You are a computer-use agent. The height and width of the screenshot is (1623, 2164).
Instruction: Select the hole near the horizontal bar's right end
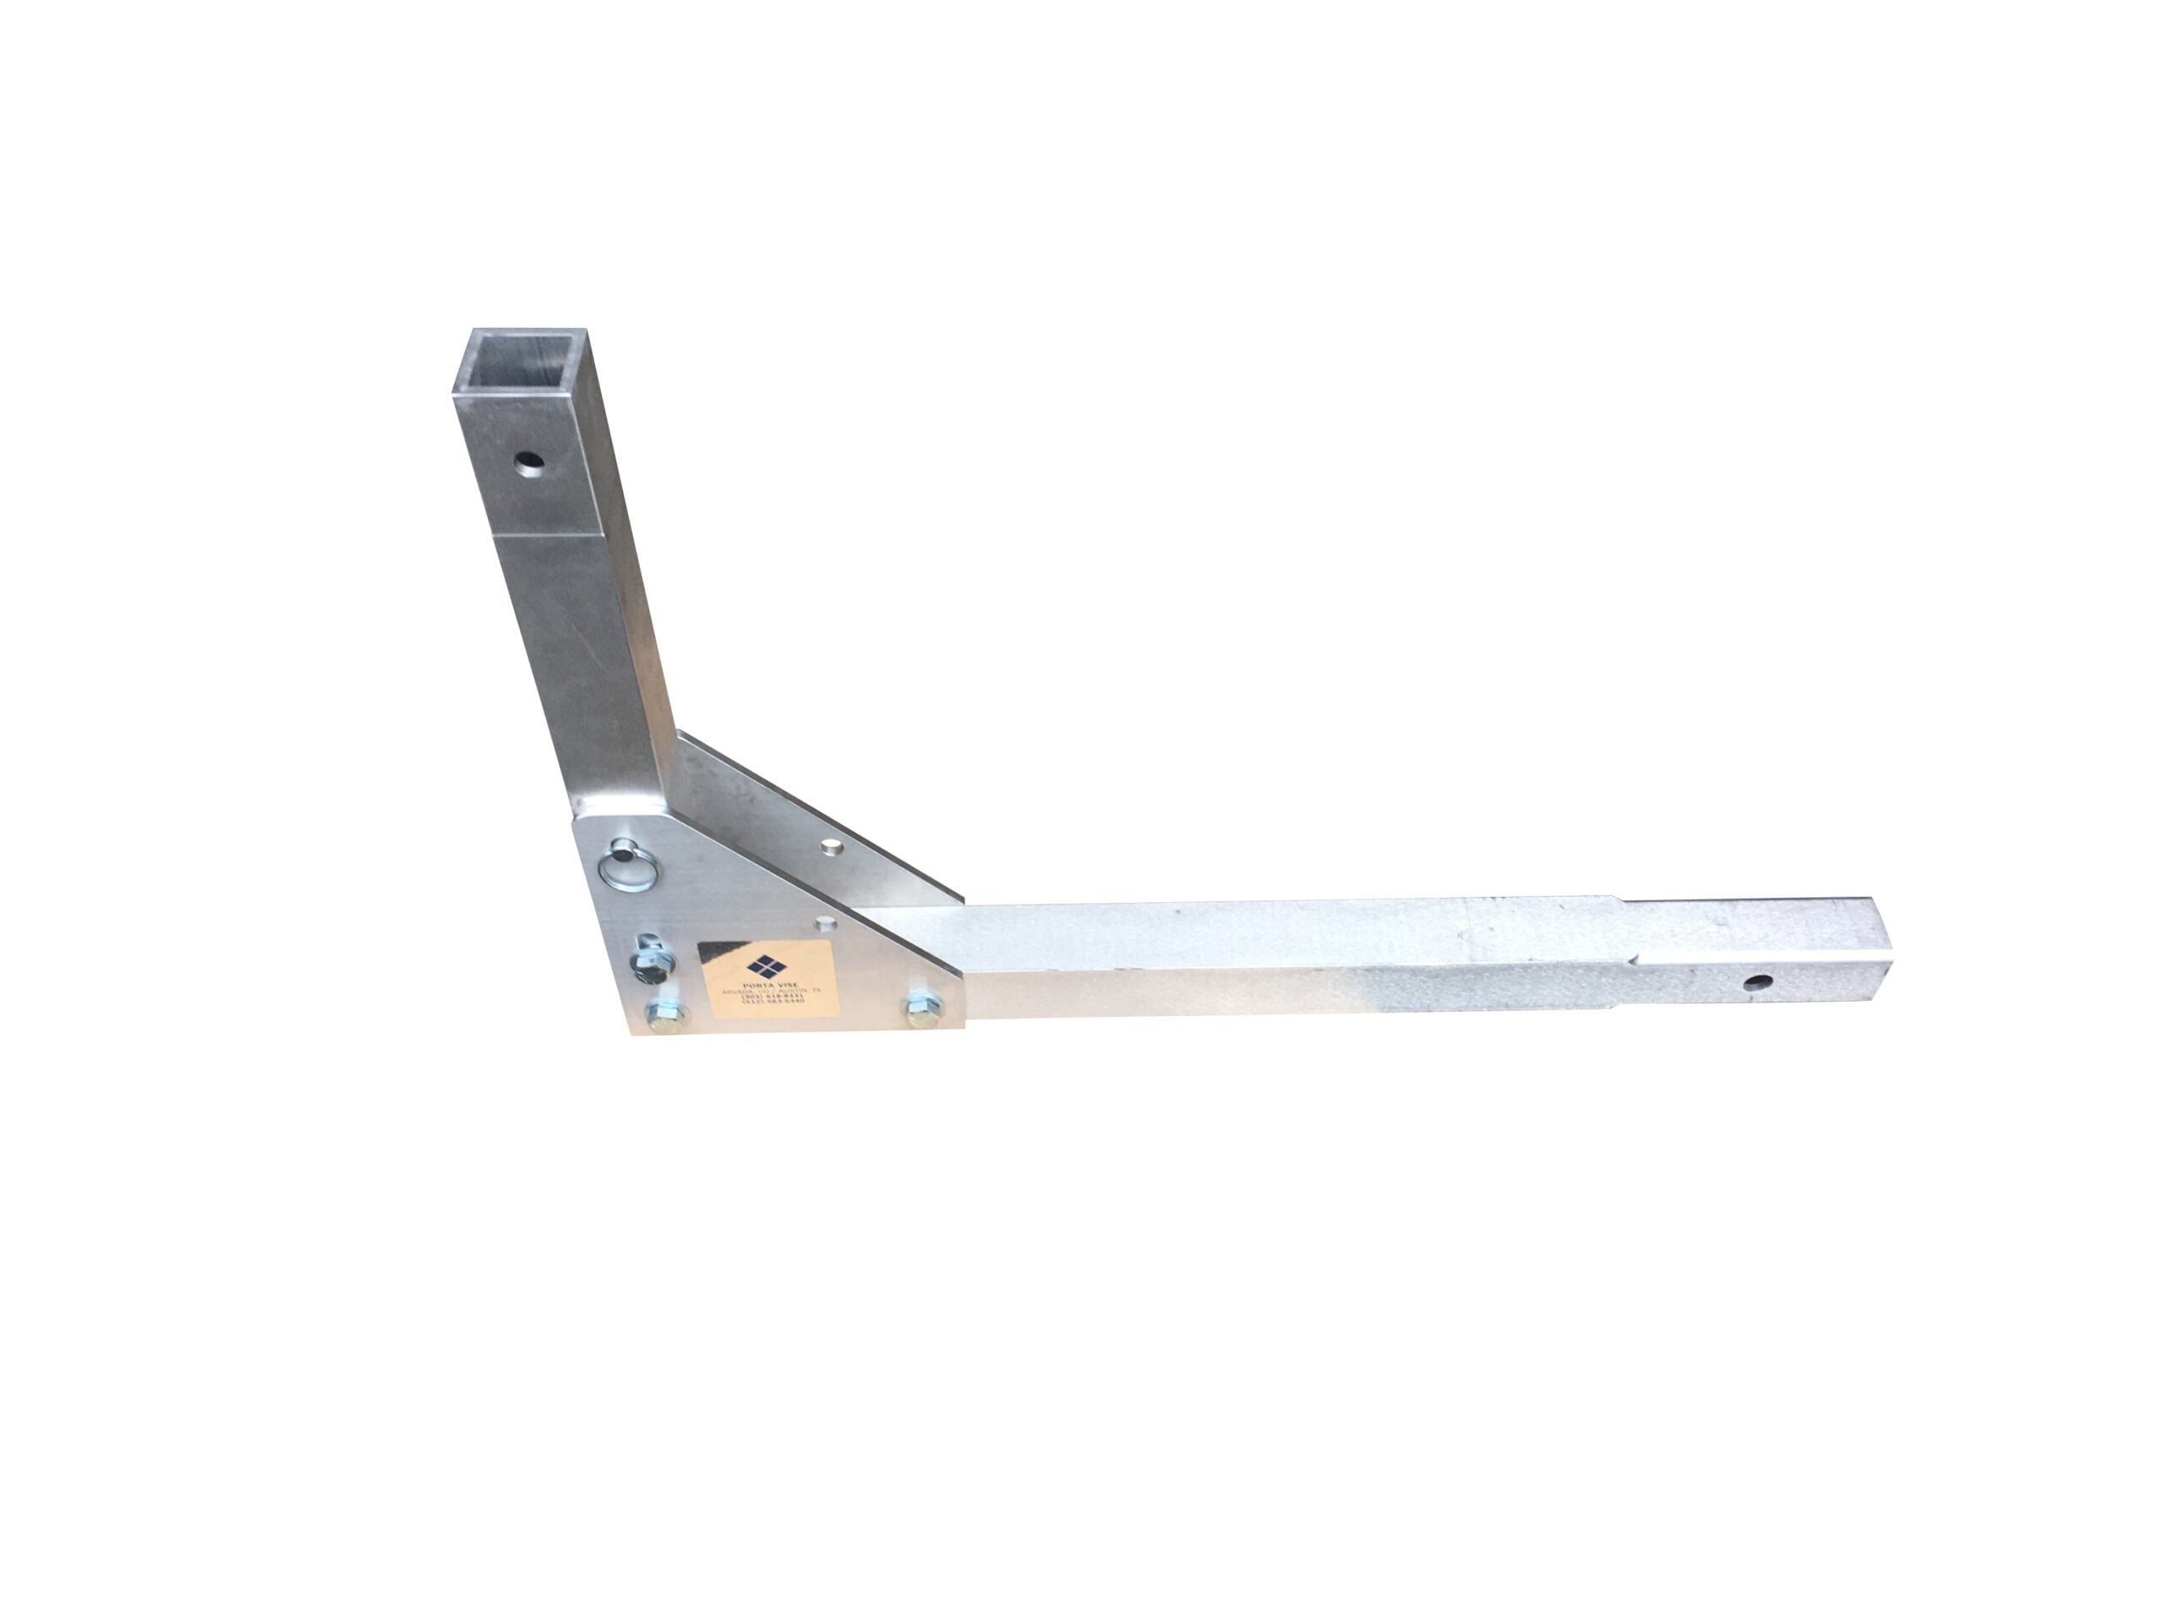tap(1760, 981)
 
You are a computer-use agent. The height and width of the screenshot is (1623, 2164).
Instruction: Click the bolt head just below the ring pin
tap(647, 964)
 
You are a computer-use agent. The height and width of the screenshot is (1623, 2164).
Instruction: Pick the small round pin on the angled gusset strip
tap(832, 845)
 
